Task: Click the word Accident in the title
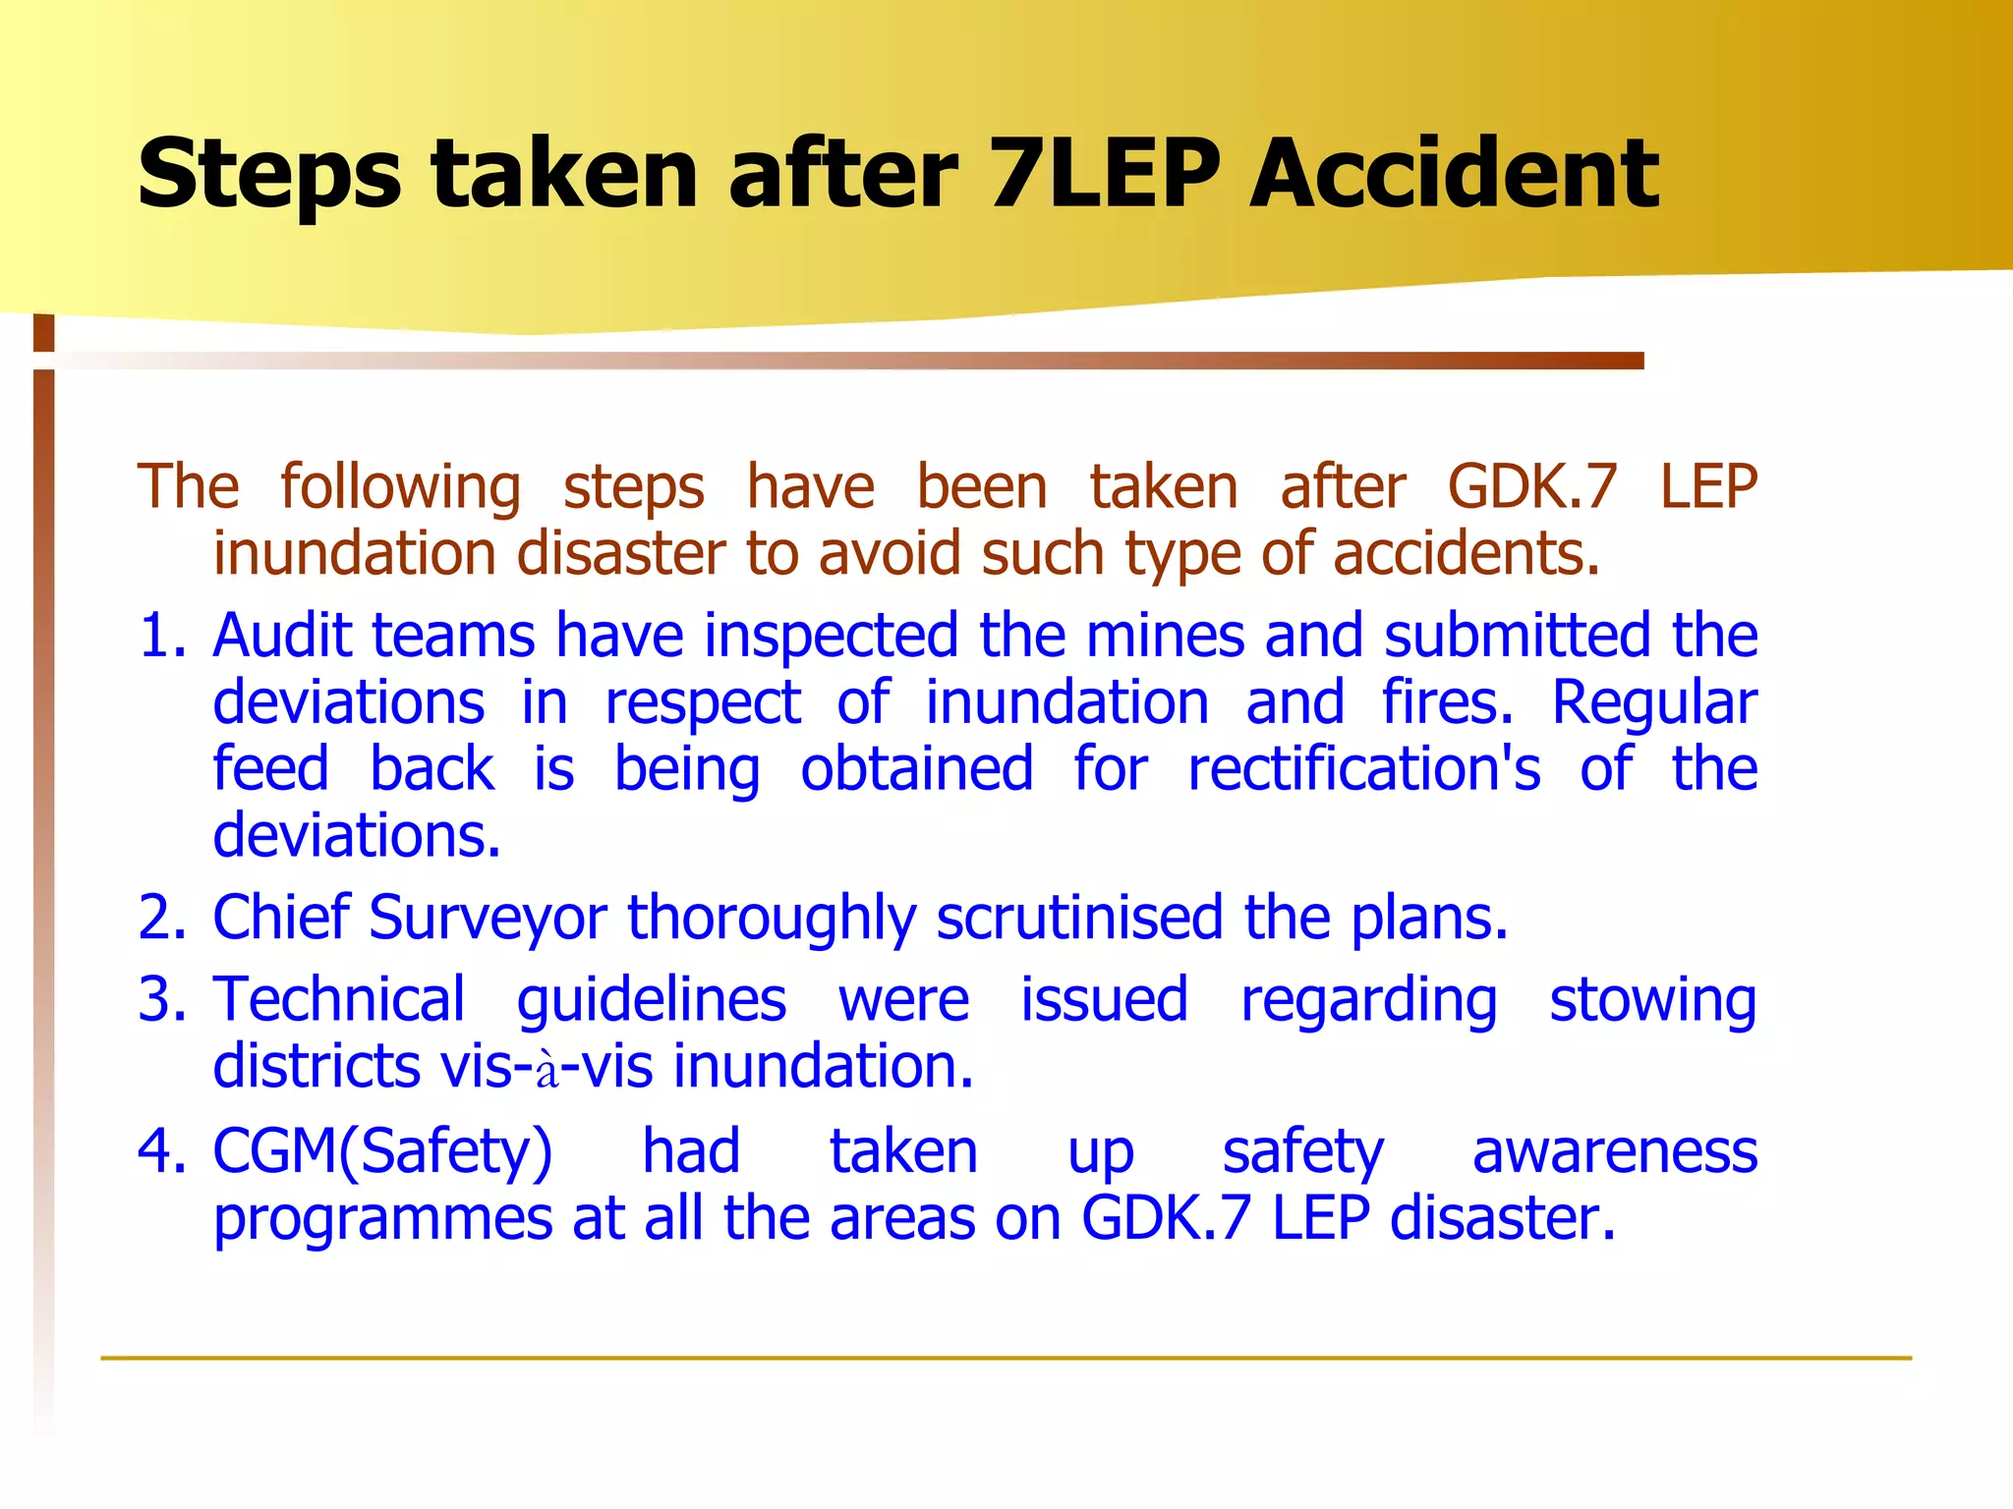tap(1454, 174)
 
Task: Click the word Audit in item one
tap(280, 636)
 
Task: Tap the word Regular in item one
tap(1654, 703)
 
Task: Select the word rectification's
tap(1364, 768)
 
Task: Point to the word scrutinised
tap(1078, 918)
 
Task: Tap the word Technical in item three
tap(338, 999)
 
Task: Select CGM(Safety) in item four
tap(382, 1152)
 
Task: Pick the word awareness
tap(1614, 1151)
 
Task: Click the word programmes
tap(382, 1220)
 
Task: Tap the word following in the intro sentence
tap(400, 488)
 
